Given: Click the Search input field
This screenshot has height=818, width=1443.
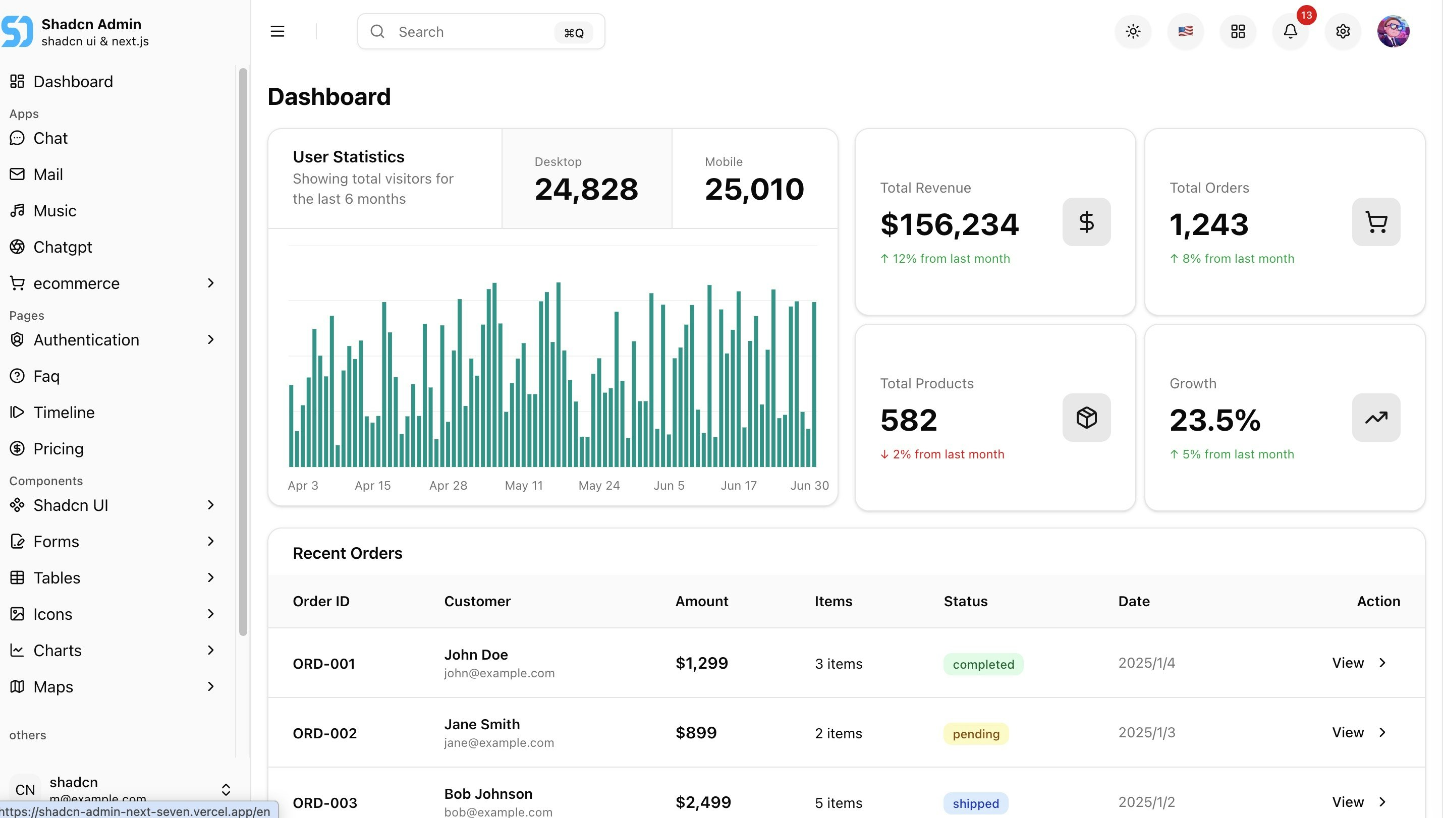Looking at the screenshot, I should tap(472, 32).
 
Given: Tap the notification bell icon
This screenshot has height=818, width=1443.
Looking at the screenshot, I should tap(1290, 31).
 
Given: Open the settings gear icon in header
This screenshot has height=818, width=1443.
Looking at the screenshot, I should tap(1343, 31).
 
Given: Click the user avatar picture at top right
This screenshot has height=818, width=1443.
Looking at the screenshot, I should tap(1393, 31).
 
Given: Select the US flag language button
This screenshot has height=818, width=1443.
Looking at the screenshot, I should tap(1185, 31).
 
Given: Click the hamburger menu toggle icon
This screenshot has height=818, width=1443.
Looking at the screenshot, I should tap(277, 31).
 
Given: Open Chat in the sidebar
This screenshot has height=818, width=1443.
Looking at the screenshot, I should tap(50, 138).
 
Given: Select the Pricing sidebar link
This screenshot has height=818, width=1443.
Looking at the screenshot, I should tap(59, 448).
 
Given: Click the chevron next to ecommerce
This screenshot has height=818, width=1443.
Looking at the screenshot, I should tap(211, 283).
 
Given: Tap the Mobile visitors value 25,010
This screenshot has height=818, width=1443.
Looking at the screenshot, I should tap(754, 189).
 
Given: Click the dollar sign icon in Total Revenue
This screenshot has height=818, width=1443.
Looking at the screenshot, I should tap(1086, 222).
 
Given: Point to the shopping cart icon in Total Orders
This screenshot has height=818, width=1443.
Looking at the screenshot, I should tap(1375, 222).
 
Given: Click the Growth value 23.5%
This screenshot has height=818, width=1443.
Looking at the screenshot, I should tap(1215, 420).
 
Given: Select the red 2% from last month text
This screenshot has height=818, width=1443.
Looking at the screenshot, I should tap(948, 454).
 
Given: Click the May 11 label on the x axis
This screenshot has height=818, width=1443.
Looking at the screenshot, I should tap(524, 486).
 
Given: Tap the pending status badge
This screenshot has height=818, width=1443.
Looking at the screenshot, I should tap(975, 734).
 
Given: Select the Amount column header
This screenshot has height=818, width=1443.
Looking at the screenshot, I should tap(701, 601).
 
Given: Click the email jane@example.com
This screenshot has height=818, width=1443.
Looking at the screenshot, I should tap(498, 743).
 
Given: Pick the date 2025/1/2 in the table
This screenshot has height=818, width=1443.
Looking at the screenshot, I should tap(1146, 802).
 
